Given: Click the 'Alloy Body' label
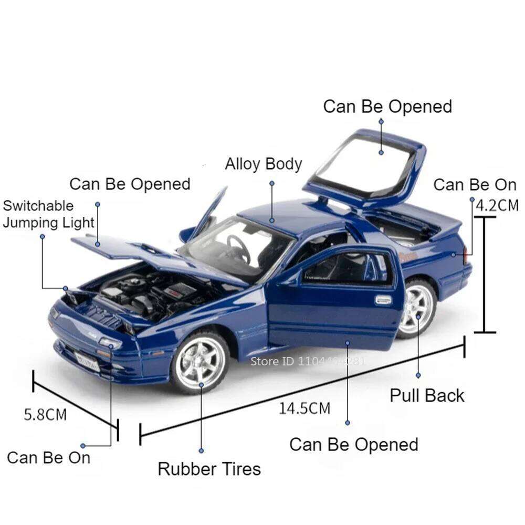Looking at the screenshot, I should pyautogui.click(x=264, y=164).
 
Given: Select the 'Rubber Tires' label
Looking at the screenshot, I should pyautogui.click(x=209, y=468).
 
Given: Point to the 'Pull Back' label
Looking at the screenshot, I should pyautogui.click(x=427, y=395).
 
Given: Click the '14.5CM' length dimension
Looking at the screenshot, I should pyautogui.click(x=304, y=408).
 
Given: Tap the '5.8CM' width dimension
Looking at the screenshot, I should pyautogui.click(x=46, y=414).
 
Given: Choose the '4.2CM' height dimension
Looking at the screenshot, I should pyautogui.click(x=497, y=205).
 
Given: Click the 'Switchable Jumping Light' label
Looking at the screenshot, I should pyautogui.click(x=48, y=214).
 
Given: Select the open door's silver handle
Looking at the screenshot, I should pyautogui.click(x=383, y=300).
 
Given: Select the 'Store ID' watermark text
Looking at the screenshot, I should pyautogui.click(x=308, y=361).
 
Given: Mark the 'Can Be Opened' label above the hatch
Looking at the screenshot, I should pyautogui.click(x=387, y=107).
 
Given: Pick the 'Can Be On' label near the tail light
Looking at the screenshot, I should pyautogui.click(x=475, y=185).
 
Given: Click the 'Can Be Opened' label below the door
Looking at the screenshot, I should pyautogui.click(x=354, y=445).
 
